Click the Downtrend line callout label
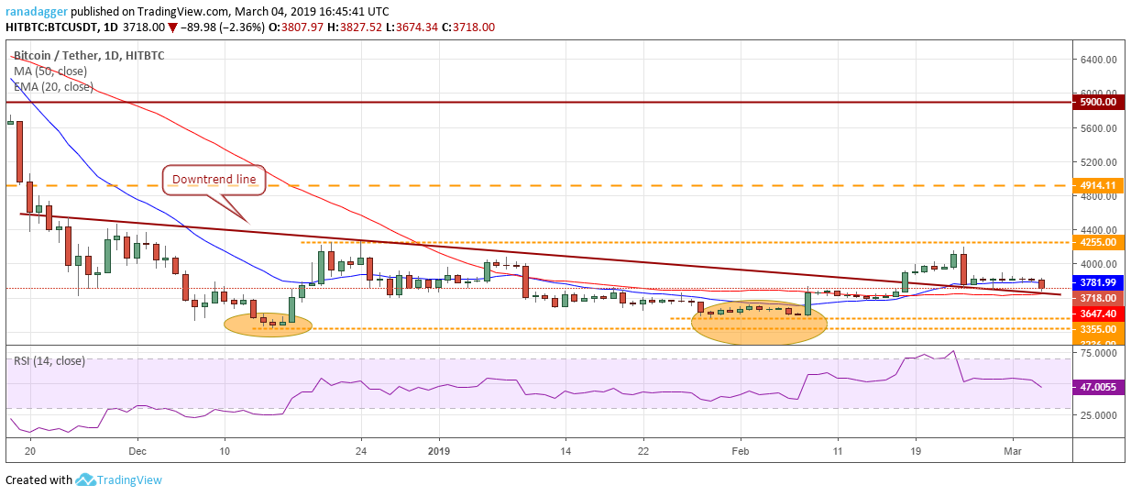[x=214, y=180]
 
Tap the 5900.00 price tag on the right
[x=1097, y=102]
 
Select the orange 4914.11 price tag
[x=1097, y=184]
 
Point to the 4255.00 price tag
[x=1097, y=243]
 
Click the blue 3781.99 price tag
[x=1097, y=282]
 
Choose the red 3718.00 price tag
[x=1097, y=298]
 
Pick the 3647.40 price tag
[x=1097, y=314]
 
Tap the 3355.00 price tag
[x=1097, y=329]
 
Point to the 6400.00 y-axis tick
[x=1097, y=60]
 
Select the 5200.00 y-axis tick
[x=1097, y=162]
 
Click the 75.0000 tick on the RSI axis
[x=1097, y=353]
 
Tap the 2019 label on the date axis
[x=438, y=452]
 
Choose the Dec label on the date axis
[x=137, y=452]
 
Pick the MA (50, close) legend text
[x=52, y=72]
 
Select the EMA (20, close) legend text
[x=53, y=87]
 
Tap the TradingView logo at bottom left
[x=118, y=479]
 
